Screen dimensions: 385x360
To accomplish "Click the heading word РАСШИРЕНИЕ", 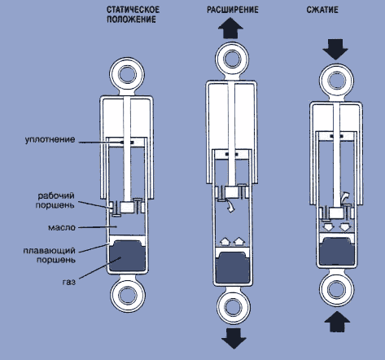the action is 233,10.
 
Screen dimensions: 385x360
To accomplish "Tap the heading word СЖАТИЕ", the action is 322,10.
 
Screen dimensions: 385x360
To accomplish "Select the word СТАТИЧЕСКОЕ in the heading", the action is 133,10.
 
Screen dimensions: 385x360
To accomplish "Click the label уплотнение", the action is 50,139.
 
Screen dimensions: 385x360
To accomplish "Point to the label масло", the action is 62,227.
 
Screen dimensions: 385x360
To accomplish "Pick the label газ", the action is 69,282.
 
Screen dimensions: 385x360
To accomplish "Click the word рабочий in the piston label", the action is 56,196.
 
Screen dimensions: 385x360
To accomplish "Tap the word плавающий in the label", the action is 49,250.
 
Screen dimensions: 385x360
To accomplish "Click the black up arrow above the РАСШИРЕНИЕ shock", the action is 230,28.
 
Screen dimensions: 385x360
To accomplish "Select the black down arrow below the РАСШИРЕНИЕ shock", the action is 234,338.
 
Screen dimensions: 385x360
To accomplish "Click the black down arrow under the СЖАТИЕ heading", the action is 335,50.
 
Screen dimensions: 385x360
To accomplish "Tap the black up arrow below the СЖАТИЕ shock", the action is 337,322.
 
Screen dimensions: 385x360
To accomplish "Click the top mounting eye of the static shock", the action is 127,74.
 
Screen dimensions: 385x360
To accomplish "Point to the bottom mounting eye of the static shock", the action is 128,296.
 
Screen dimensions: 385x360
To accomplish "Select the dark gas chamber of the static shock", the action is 127,256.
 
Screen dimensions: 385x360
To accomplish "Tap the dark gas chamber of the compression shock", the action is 337,251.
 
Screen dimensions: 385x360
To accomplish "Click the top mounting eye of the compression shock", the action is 337,81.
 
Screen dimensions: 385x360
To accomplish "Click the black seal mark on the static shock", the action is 127,143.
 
